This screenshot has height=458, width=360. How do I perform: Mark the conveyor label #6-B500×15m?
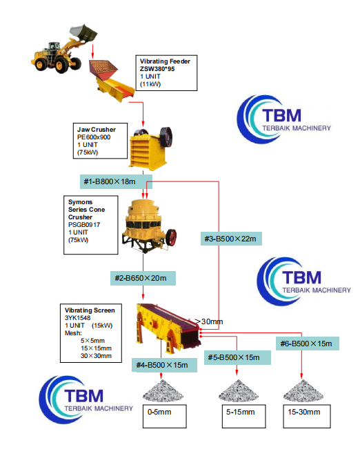[x=306, y=343]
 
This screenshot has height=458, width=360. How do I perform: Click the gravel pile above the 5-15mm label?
[x=237, y=390]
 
